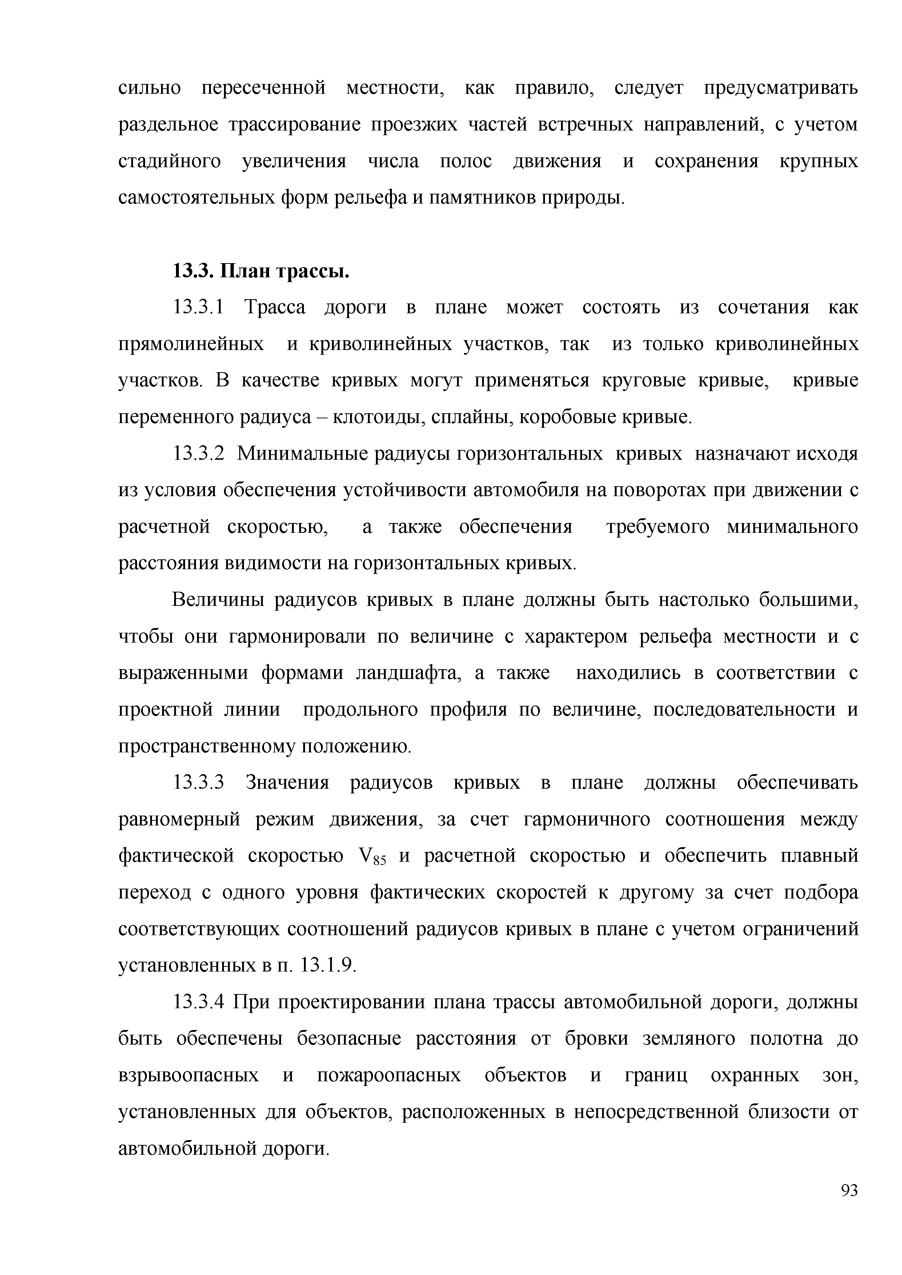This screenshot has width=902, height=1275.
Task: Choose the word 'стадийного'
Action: point(170,161)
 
